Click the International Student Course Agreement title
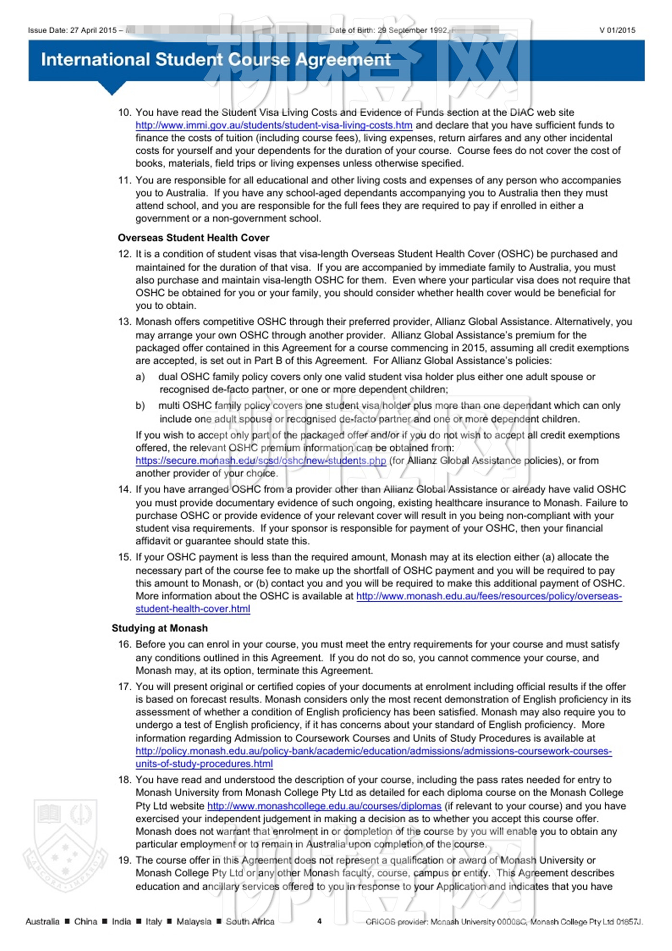pyautogui.click(x=216, y=60)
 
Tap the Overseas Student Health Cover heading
pyautogui.click(x=193, y=238)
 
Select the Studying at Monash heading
pyautogui.click(x=160, y=628)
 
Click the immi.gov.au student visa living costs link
pyautogui.click(x=274, y=125)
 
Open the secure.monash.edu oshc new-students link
pyautogui.click(x=261, y=461)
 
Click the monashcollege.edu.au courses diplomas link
pyautogui.click(x=324, y=806)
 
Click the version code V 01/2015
pyautogui.click(x=617, y=30)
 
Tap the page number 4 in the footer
pyautogui.click(x=319, y=921)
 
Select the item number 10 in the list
pyautogui.click(x=124, y=112)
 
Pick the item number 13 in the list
pyautogui.click(x=124, y=322)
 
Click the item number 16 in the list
pyautogui.click(x=124, y=645)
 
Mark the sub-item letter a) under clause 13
pyautogui.click(x=140, y=377)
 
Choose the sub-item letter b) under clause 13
pyautogui.click(x=140, y=406)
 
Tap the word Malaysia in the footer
pyautogui.click(x=193, y=921)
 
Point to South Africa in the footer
pyautogui.click(x=250, y=921)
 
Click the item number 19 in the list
pyautogui.click(x=124, y=860)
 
